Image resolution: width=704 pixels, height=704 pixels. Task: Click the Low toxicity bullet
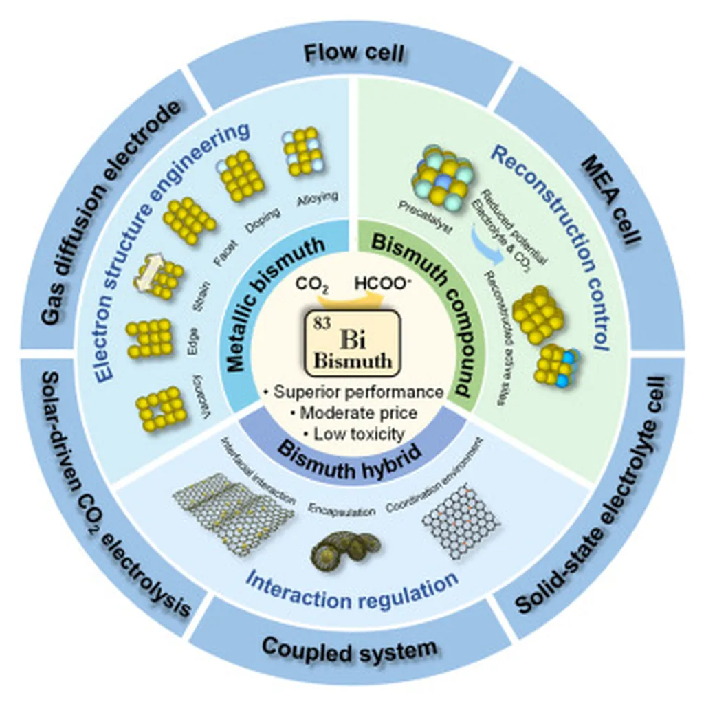coord(354,433)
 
